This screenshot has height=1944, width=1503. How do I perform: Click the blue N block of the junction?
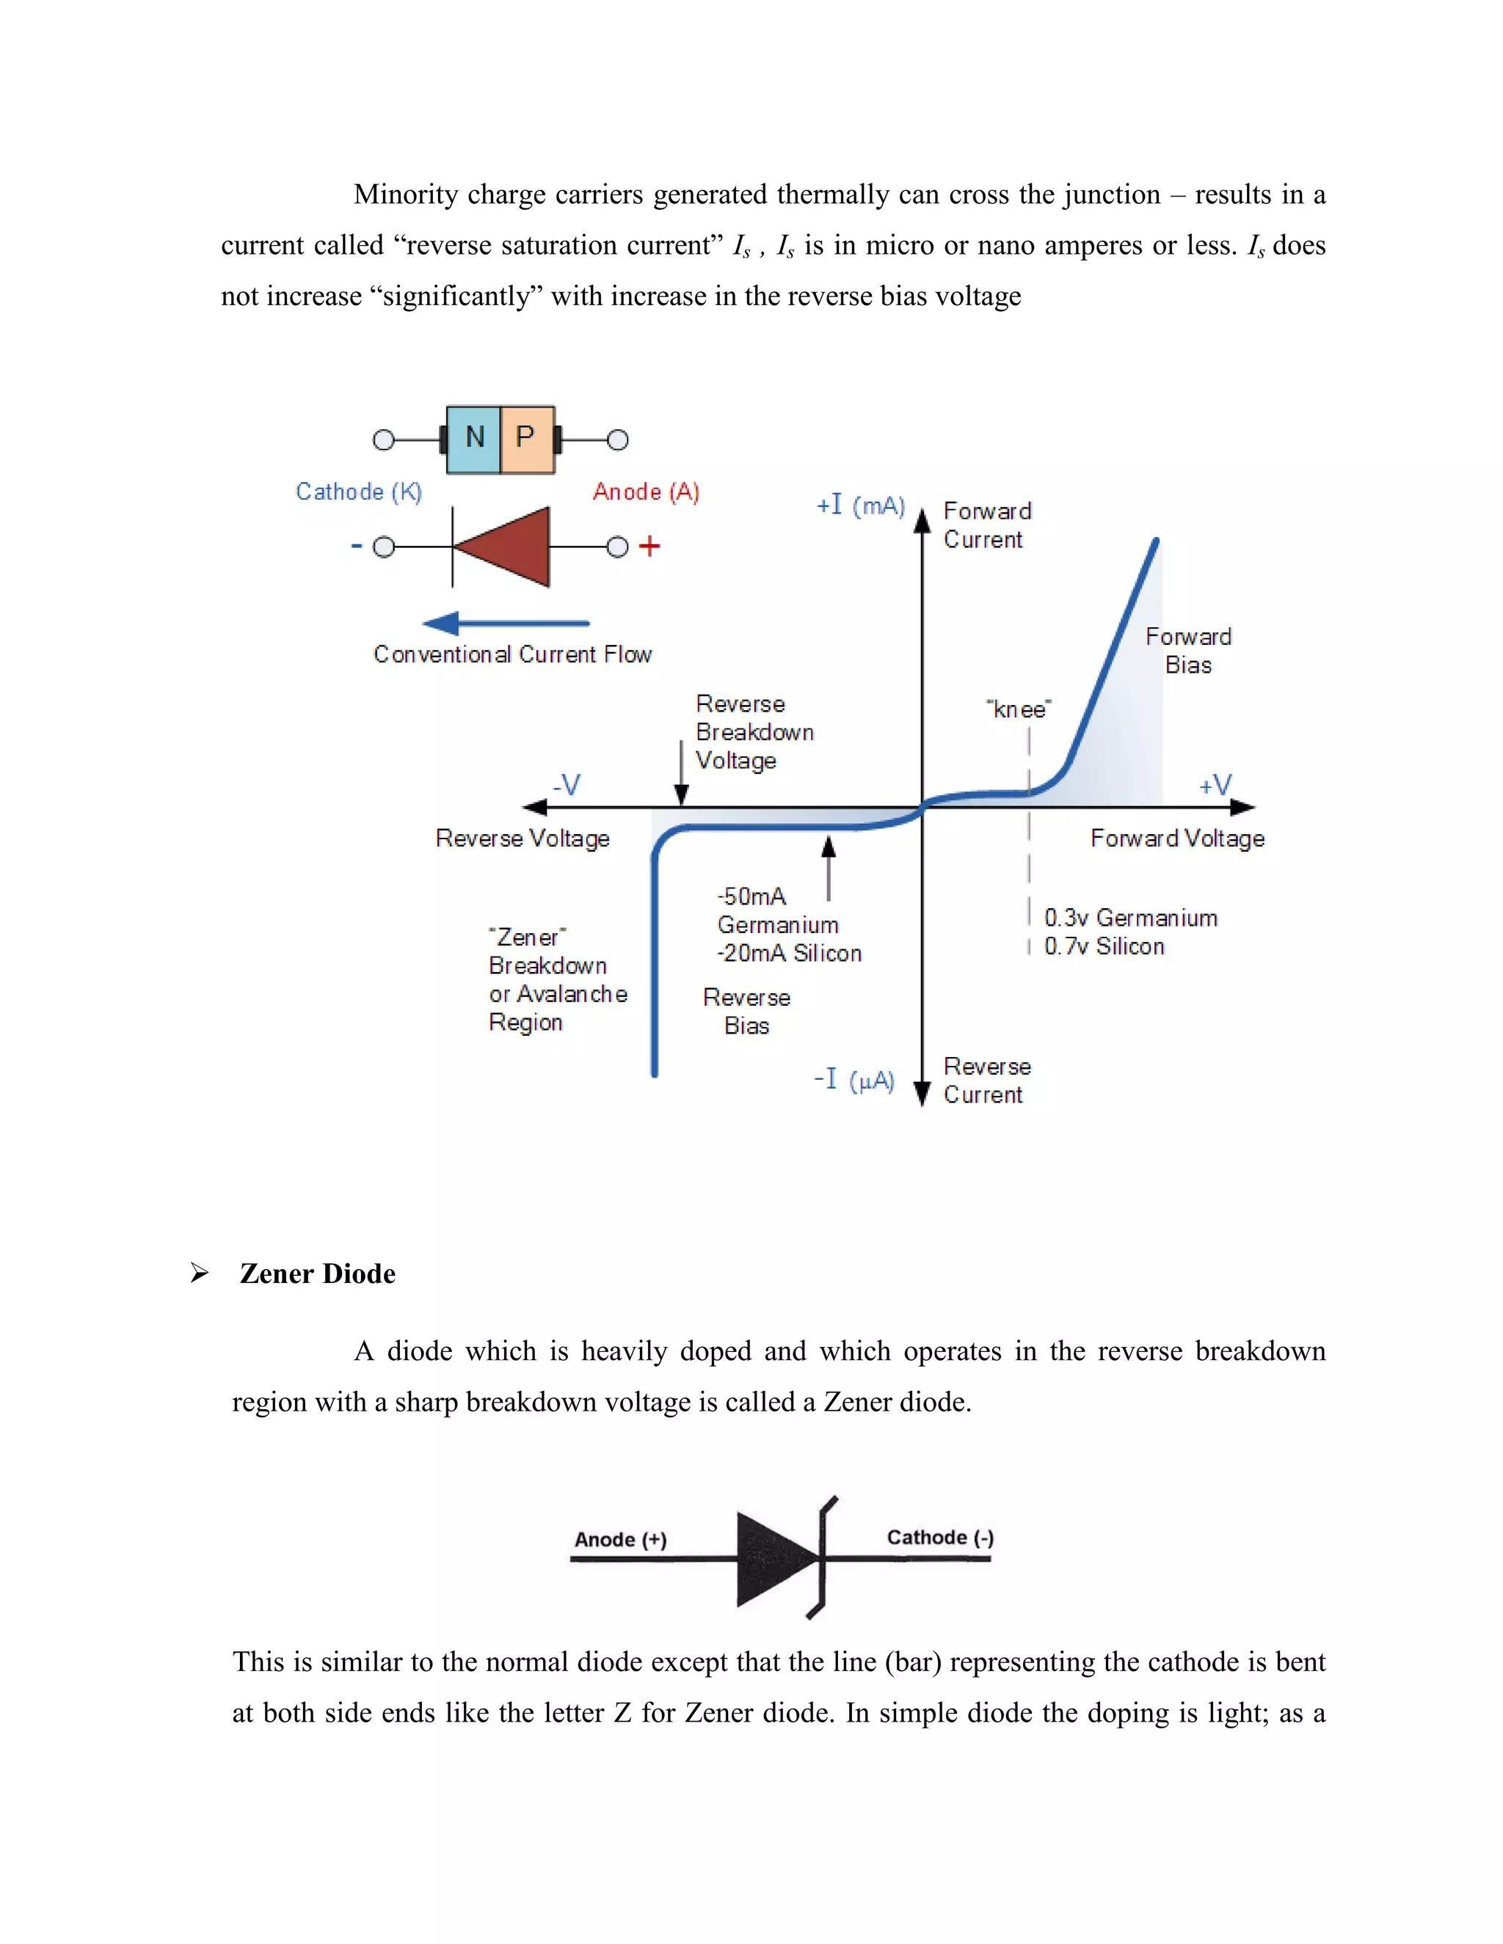tap(473, 439)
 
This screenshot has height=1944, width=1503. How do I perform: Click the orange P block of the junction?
tap(527, 439)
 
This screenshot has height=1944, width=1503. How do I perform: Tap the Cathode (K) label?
tap(359, 492)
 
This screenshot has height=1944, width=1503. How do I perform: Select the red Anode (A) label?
tap(646, 492)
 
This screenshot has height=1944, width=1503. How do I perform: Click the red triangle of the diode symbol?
tap(509, 547)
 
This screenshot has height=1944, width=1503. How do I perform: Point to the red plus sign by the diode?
tap(649, 546)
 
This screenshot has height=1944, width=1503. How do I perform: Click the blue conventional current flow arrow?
tap(506, 623)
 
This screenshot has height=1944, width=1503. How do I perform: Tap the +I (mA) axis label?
tap(860, 505)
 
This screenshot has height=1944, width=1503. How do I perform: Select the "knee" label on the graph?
tap(1019, 709)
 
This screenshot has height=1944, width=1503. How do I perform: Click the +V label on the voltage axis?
tap(1215, 785)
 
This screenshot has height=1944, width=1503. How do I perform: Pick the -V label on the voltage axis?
tap(567, 785)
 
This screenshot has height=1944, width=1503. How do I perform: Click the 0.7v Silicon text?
tap(1104, 946)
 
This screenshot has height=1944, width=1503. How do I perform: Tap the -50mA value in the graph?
tap(751, 896)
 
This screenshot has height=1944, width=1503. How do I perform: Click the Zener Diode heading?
tap(317, 1274)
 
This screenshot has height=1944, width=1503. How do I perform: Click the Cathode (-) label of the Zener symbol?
tap(940, 1537)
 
